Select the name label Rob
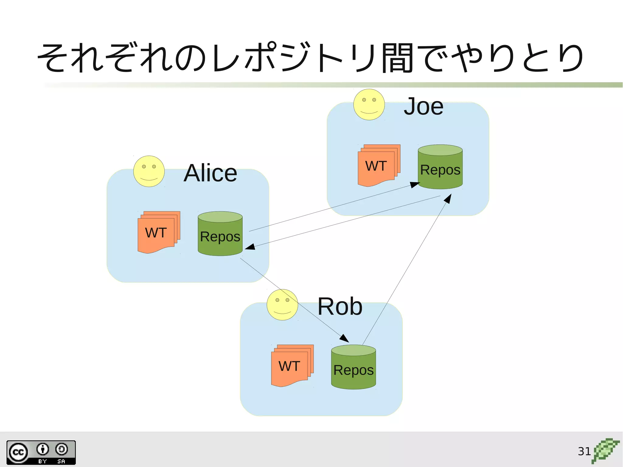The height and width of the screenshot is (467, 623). [x=340, y=306]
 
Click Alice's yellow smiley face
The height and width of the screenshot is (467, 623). [x=149, y=171]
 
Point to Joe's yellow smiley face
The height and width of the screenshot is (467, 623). [x=369, y=104]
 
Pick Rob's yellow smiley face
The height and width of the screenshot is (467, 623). [x=282, y=305]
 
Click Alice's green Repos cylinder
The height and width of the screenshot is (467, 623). [x=220, y=234]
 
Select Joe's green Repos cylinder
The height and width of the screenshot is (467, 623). [x=440, y=167]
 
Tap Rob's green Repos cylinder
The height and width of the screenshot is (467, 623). [x=353, y=367]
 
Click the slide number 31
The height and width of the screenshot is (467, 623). [x=584, y=451]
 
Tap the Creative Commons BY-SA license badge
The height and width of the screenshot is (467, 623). [x=41, y=452]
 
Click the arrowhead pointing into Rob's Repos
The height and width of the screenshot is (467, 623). [x=345, y=338]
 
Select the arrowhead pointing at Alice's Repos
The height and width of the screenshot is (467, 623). [x=250, y=247]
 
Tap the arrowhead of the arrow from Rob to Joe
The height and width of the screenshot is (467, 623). [x=448, y=199]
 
